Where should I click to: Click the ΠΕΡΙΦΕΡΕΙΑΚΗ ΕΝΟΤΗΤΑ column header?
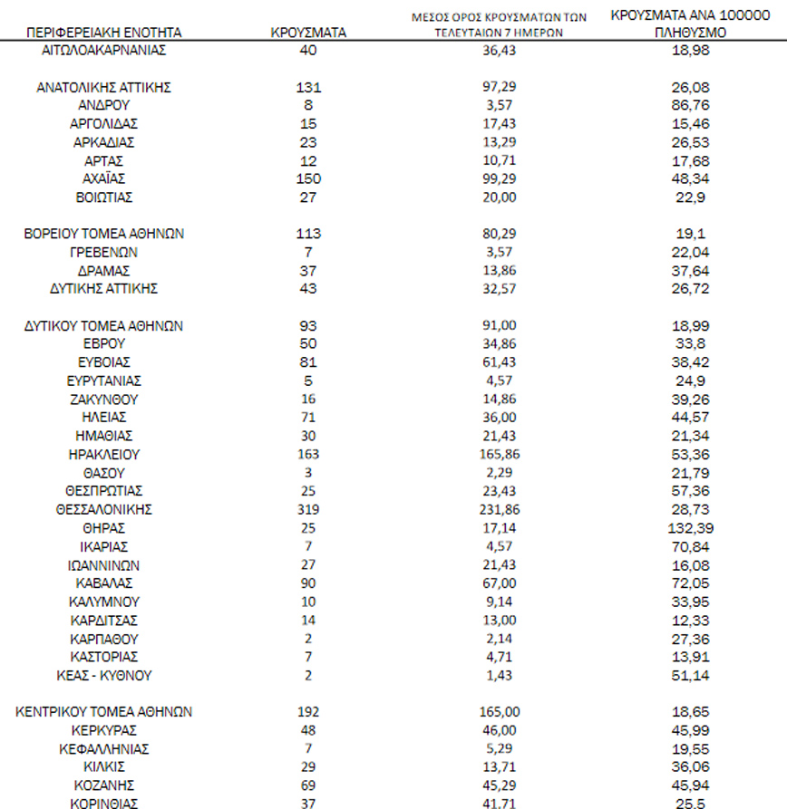[104, 33]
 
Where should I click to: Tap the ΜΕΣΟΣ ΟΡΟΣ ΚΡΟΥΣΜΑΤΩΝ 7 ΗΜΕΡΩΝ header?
[498, 24]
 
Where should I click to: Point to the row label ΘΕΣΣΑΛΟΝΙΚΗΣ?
[103, 509]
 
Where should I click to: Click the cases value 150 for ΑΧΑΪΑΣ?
[308, 178]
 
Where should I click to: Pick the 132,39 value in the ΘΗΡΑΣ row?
[686, 527]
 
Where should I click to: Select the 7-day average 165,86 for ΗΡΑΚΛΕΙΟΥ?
[498, 454]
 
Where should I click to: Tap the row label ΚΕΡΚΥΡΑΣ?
[103, 730]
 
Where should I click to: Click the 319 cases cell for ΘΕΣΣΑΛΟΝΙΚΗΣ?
[308, 509]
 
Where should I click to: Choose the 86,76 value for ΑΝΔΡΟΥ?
[686, 105]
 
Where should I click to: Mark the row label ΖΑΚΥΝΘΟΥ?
[103, 400]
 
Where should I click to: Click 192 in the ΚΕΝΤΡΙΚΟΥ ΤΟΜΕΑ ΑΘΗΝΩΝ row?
[308, 712]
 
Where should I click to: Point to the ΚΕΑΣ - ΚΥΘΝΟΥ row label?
[103, 675]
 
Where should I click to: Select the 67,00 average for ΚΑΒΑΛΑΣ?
[498, 583]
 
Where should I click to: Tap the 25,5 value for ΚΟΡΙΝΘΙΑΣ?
[686, 804]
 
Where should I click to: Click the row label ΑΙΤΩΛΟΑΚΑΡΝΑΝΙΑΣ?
[104, 51]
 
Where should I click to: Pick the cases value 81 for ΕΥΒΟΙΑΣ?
[308, 362]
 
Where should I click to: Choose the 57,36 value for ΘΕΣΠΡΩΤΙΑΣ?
[686, 491]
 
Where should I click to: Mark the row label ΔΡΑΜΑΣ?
[103, 270]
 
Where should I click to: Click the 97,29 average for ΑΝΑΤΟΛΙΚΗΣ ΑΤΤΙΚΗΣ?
[498, 88]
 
